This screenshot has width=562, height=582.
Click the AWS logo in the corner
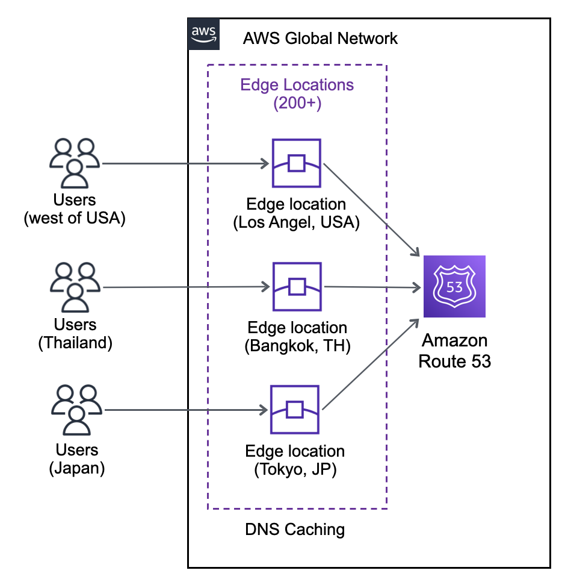tap(204, 34)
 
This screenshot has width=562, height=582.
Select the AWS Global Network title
tap(320, 39)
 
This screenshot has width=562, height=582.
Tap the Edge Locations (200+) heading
tap(297, 93)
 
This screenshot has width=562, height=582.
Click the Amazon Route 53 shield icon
tap(454, 286)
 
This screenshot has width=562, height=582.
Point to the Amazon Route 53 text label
tap(455, 351)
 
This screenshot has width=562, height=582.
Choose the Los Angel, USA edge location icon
tap(296, 163)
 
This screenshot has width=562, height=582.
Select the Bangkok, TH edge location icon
tap(297, 287)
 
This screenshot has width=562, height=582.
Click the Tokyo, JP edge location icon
tap(294, 410)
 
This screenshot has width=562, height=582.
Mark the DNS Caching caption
tap(295, 530)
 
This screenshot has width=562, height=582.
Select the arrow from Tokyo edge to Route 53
tap(370, 365)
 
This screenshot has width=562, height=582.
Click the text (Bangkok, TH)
tap(297, 347)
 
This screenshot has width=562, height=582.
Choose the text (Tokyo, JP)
tap(295, 470)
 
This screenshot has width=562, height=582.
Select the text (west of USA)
tap(75, 218)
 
